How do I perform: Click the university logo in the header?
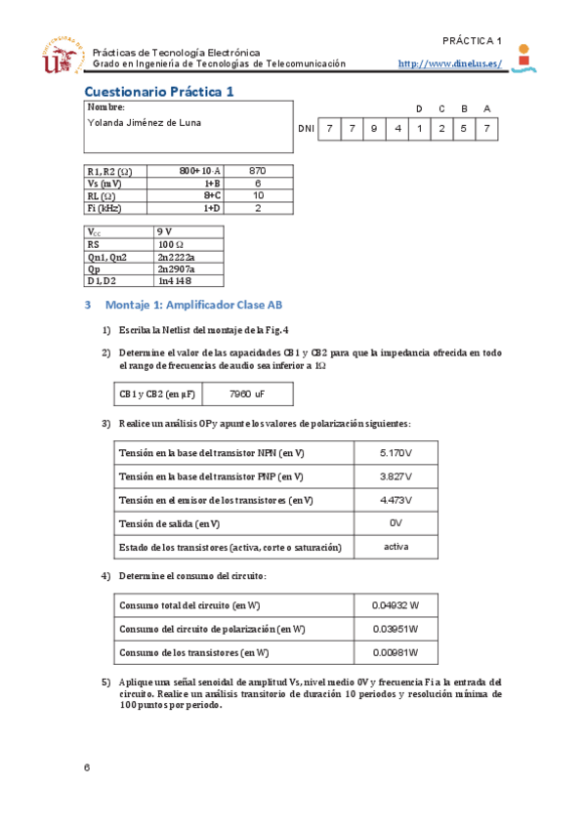(61, 57)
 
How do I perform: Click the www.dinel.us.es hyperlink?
(450, 63)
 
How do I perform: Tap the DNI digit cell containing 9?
(374, 129)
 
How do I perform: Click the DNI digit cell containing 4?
(397, 129)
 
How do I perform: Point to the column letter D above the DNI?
(419, 108)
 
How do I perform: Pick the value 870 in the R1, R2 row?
(258, 170)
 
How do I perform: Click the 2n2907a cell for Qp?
(176, 269)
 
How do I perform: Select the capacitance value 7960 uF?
(246, 394)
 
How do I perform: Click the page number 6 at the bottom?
(87, 767)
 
